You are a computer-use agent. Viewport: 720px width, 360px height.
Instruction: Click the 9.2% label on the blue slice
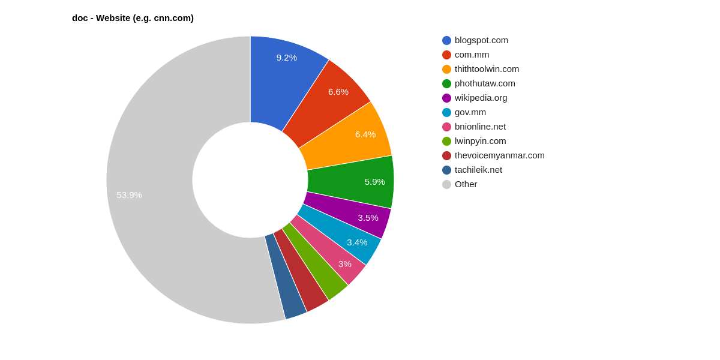(x=286, y=58)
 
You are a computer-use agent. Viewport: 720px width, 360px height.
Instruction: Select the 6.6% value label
(x=338, y=92)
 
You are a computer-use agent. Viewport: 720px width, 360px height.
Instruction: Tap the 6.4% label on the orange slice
(x=365, y=134)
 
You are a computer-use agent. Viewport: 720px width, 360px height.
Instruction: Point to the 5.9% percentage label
(x=374, y=182)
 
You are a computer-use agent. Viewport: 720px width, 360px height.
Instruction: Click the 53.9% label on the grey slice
(x=129, y=195)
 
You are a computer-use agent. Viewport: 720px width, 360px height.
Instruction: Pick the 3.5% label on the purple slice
(x=368, y=218)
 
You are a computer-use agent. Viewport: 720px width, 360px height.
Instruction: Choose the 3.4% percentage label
(x=357, y=242)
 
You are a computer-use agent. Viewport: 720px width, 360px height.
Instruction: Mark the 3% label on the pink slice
(x=344, y=264)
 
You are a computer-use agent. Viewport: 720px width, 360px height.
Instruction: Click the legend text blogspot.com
(x=481, y=40)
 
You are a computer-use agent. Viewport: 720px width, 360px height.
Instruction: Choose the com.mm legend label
(x=472, y=55)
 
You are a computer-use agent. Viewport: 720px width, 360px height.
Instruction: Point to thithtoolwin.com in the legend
(x=487, y=69)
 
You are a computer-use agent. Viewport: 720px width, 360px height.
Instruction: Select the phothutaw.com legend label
(x=485, y=83)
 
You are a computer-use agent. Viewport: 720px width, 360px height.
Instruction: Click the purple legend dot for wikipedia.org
(x=446, y=98)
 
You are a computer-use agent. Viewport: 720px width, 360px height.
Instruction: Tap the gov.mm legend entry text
(x=470, y=112)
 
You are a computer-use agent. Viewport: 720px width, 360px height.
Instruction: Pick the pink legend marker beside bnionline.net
(x=446, y=127)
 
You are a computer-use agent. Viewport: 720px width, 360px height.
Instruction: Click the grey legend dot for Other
(x=446, y=184)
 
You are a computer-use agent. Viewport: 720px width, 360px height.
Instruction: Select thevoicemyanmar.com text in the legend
(x=499, y=155)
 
